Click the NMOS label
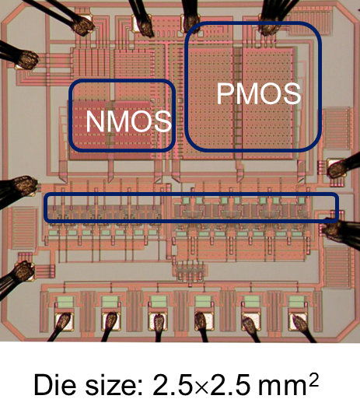[x=128, y=121]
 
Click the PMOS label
[x=259, y=93]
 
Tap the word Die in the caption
[x=54, y=385]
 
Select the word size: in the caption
[x=114, y=385]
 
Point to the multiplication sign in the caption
[x=202, y=387]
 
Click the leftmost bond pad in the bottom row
[x=65, y=321]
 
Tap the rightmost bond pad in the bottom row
[x=298, y=321]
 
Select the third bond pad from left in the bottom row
[x=158, y=321]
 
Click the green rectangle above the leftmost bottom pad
[x=65, y=301]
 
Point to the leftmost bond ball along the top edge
[x=83, y=26]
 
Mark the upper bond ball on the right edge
[x=338, y=168]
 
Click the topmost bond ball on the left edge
[x=27, y=59]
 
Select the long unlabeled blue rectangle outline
[x=191, y=194]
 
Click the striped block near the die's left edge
[x=23, y=229]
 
